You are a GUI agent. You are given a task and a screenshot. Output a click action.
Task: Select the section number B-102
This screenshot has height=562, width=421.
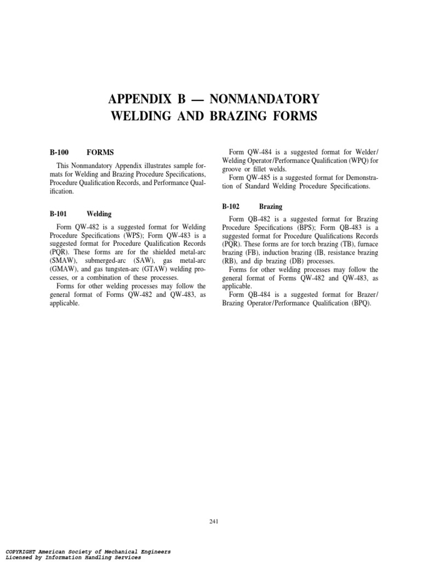coord(232,207)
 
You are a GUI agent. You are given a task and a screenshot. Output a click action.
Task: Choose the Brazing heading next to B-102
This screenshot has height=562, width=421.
coord(271,207)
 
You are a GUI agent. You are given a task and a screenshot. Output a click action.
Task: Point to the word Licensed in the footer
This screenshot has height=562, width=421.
coord(20,557)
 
